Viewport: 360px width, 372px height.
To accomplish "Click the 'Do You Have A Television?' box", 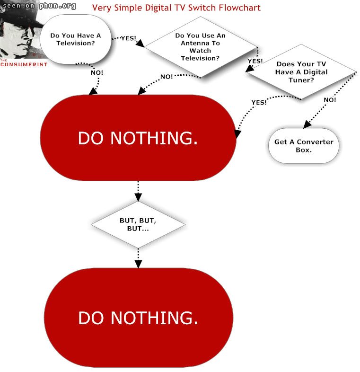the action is [75, 39].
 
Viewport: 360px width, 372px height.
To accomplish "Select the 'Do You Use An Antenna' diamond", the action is [201, 47].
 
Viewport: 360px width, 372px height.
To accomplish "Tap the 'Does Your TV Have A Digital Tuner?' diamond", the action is [301, 71].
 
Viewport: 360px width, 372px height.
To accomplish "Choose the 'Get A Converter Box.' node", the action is [304, 146].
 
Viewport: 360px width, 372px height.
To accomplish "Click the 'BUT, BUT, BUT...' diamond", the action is [138, 224].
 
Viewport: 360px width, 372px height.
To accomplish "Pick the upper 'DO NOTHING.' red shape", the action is [138, 138].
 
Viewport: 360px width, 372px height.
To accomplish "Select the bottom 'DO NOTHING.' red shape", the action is [139, 318].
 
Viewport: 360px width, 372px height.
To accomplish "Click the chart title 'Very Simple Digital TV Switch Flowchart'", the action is [176, 8].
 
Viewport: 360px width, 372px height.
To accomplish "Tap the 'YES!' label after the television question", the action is [129, 38].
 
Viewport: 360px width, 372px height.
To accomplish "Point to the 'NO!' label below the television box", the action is [97, 72].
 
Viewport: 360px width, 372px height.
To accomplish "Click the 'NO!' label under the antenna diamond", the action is [167, 77].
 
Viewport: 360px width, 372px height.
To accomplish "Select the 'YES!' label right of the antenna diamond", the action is [255, 61].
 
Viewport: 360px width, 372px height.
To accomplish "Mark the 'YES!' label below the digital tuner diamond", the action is [259, 102].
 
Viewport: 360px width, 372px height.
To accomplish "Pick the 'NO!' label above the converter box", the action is [330, 100].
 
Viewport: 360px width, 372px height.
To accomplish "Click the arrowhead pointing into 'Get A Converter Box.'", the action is [307, 124].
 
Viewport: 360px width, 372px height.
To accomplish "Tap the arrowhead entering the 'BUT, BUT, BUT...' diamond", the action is [138, 197].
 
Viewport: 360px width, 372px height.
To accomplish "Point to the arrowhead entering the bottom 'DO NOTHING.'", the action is [138, 264].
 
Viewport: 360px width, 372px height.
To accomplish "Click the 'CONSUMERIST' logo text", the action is [24, 64].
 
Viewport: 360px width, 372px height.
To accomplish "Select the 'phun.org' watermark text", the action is [58, 6].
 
